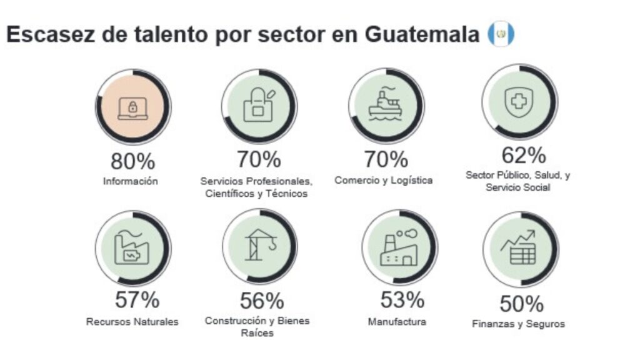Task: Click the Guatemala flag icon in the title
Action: coord(501,35)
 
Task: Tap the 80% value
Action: coord(132,161)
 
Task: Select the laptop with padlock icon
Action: coord(132,107)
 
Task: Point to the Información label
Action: coord(131,181)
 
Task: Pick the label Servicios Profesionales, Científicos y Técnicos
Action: coord(256,187)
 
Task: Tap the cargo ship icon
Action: coord(386,104)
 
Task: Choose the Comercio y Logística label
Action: coord(384,181)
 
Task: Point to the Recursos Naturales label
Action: coord(132,322)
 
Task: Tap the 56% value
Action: coord(262,301)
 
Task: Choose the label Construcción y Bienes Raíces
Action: coord(257,327)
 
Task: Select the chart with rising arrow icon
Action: coord(519,247)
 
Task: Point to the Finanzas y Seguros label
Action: coord(518,324)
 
